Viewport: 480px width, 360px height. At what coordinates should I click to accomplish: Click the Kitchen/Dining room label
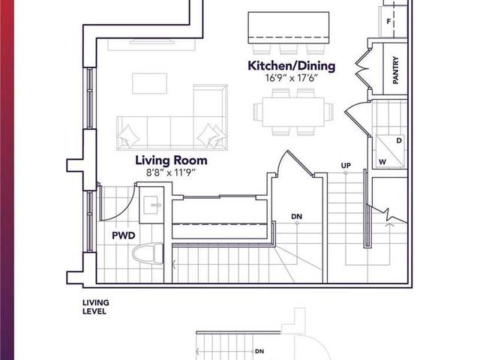pyautogui.click(x=292, y=66)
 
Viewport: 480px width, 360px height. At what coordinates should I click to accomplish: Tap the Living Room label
pyautogui.click(x=171, y=160)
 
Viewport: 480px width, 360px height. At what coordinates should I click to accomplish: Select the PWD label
pyautogui.click(x=124, y=235)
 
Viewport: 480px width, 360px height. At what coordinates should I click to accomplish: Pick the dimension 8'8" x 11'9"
pyautogui.click(x=171, y=172)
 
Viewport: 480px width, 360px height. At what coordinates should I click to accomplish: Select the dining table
pyautogui.click(x=293, y=112)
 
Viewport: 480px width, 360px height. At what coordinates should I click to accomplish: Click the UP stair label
pyautogui.click(x=346, y=164)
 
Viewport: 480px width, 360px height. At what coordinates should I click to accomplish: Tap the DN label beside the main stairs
pyautogui.click(x=297, y=217)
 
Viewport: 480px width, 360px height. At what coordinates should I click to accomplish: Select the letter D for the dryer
pyautogui.click(x=398, y=139)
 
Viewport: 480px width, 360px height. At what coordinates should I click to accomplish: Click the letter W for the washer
pyautogui.click(x=382, y=161)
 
